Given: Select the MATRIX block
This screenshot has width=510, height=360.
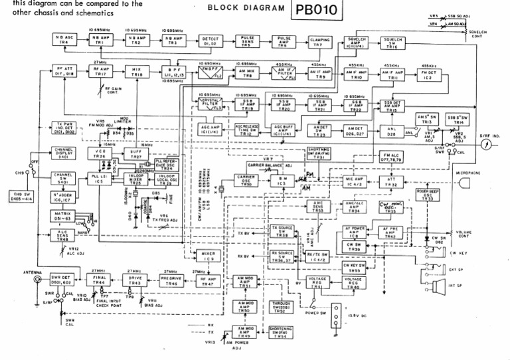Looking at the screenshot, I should [64, 214].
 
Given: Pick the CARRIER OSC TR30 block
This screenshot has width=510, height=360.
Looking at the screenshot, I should [246, 179].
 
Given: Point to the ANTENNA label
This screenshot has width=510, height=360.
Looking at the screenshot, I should [14, 271].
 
